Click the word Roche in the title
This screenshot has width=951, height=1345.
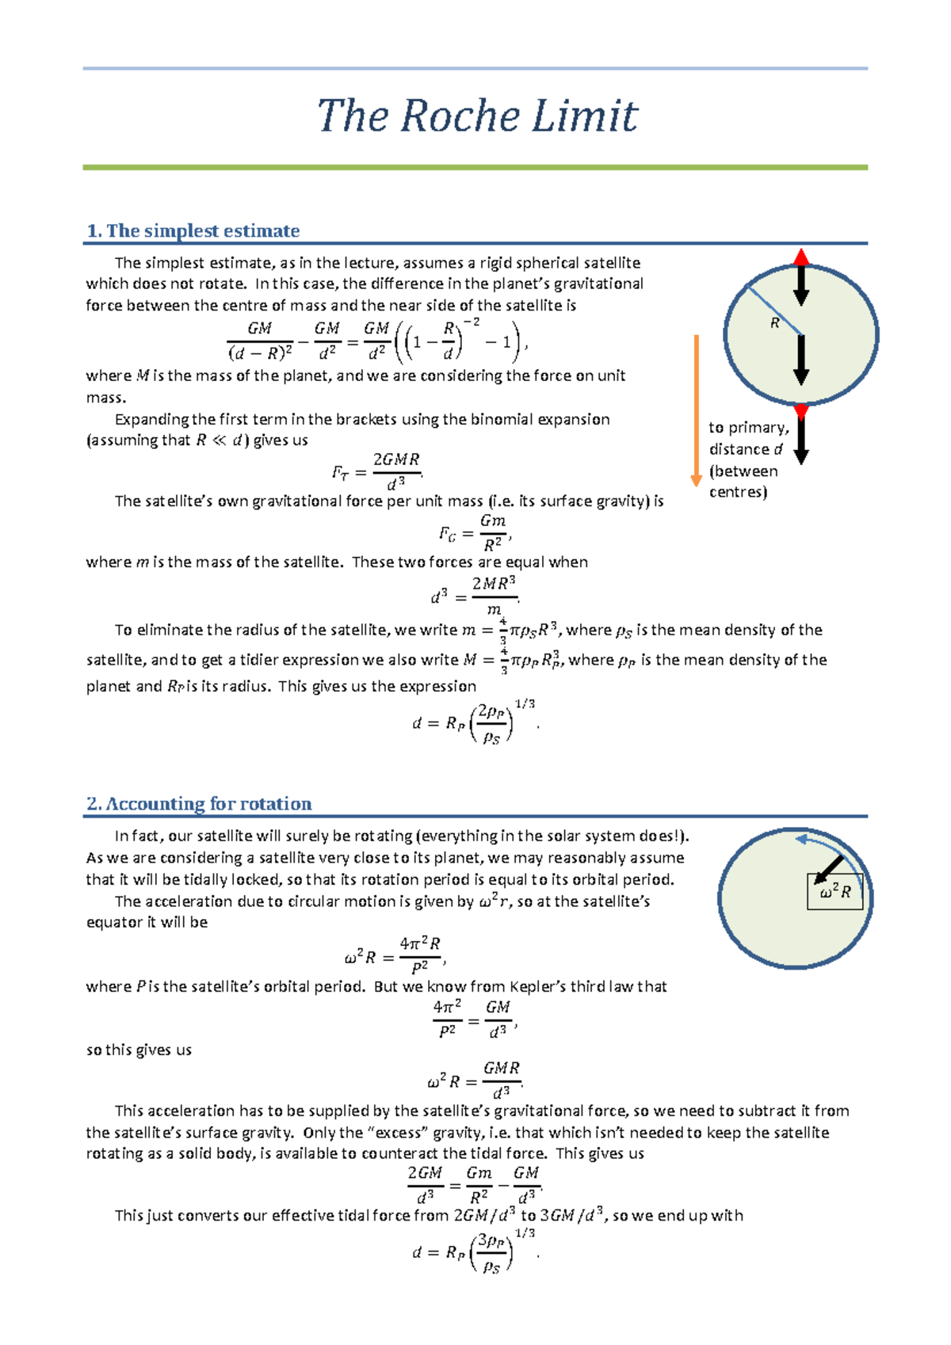[x=460, y=116]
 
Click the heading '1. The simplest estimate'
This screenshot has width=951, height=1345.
[x=193, y=231]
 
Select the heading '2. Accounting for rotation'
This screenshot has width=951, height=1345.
[x=199, y=803]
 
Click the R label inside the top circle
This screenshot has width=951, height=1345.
[x=774, y=323]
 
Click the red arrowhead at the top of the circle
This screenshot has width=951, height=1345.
[x=801, y=257]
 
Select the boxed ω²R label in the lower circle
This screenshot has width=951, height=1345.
[x=835, y=892]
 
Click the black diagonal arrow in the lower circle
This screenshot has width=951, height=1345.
[x=829, y=869]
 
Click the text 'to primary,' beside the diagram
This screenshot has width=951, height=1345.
[x=748, y=428]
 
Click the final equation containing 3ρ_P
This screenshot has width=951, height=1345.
[x=474, y=1252]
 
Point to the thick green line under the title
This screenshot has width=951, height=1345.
[x=475, y=168]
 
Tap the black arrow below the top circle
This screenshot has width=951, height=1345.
[x=801, y=437]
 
